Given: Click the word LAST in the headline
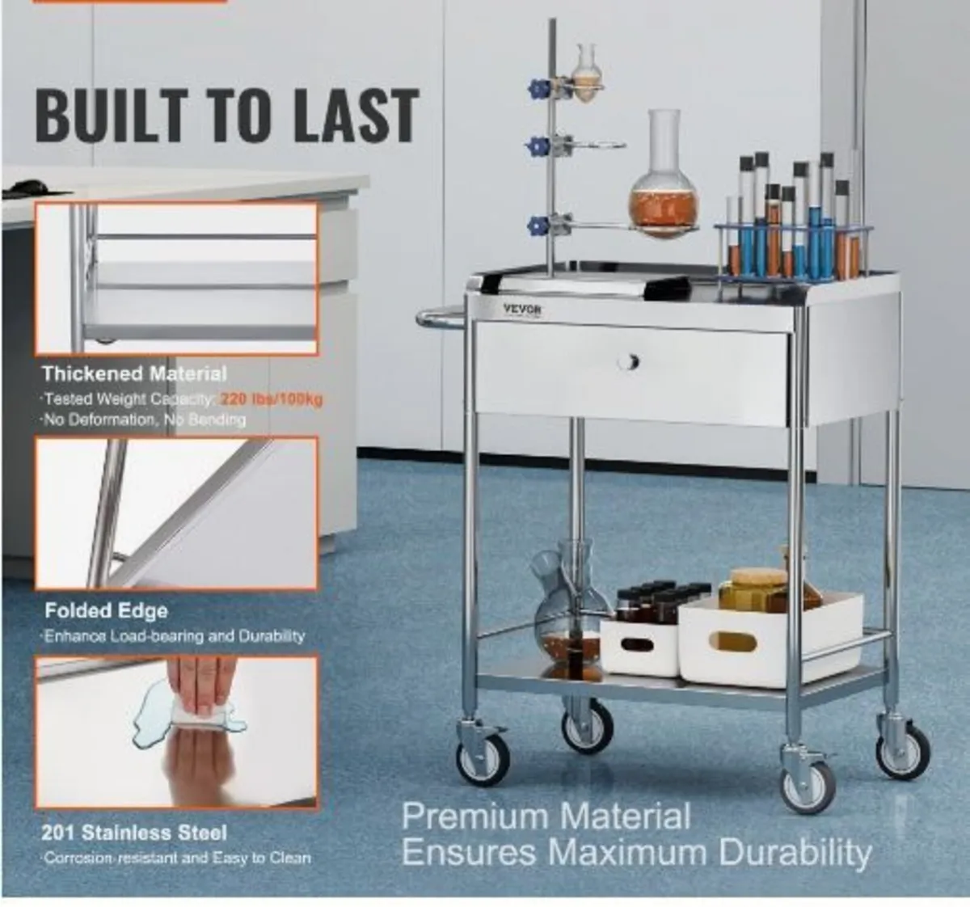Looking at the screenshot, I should point(356,116).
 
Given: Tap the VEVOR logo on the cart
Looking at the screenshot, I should point(523,309).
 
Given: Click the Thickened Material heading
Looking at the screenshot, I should point(134,373).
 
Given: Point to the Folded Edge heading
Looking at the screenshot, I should point(106,611).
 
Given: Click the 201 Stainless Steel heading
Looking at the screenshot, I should point(134,833).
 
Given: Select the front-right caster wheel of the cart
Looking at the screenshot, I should point(807,785).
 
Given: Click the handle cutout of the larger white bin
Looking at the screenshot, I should point(732,642).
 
